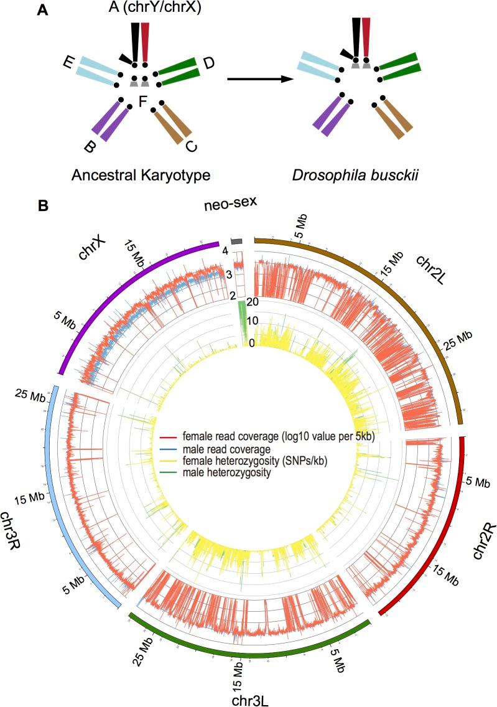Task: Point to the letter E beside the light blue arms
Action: [x=68, y=61]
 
